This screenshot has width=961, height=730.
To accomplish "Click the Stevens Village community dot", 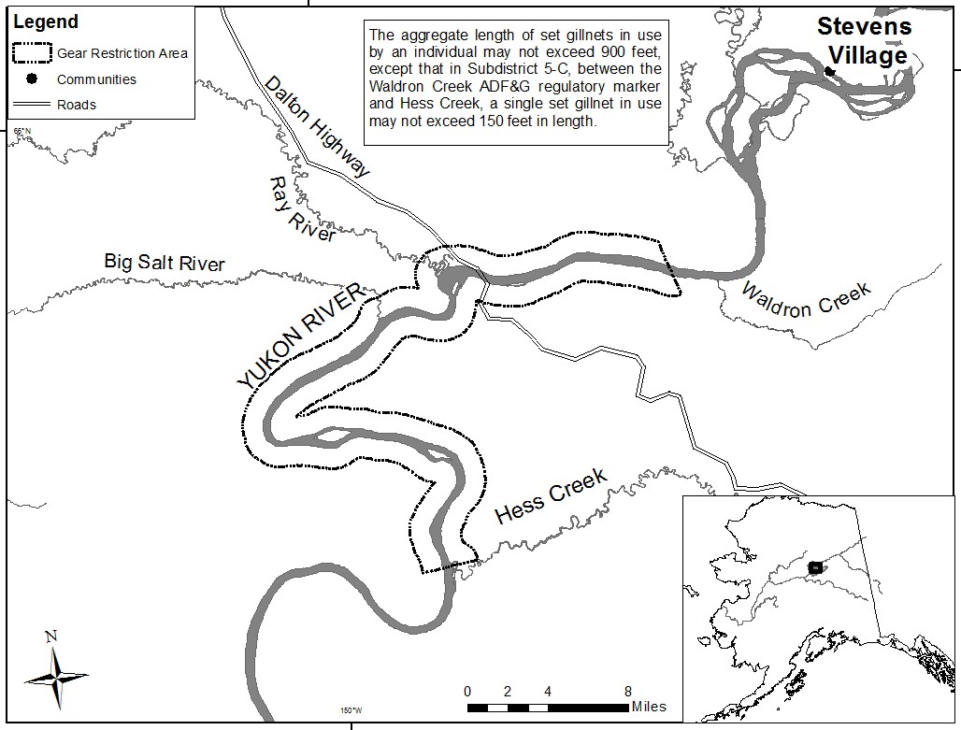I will (x=829, y=71).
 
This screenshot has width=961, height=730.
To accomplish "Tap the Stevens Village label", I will (x=863, y=41).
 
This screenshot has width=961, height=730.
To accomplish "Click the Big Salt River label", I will (x=164, y=263).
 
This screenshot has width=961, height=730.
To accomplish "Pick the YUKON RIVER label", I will (x=298, y=337).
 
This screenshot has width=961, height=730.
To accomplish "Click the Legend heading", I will (x=46, y=21).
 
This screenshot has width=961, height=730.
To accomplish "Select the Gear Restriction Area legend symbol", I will (x=31, y=52).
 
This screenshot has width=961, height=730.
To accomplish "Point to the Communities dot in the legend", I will (x=31, y=79).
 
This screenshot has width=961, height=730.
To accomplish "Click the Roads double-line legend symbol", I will (x=31, y=105).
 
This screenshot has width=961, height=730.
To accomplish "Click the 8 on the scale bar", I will (x=628, y=692).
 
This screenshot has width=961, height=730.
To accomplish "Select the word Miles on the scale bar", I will (x=649, y=707).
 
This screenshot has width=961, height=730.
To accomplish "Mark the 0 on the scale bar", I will (x=467, y=692).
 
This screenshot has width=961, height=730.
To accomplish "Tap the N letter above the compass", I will (x=51, y=637).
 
